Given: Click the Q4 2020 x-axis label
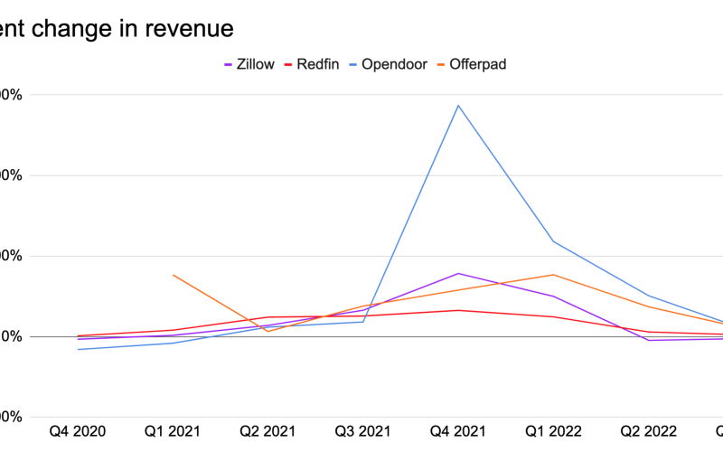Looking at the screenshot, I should [79, 431].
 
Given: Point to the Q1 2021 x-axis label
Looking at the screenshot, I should [174, 431].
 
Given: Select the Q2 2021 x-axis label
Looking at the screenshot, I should [268, 431].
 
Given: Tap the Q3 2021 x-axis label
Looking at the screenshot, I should [363, 431].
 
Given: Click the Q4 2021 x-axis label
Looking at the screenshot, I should [458, 431].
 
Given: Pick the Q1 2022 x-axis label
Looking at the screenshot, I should [553, 431].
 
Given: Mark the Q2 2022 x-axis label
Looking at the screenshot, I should [648, 431].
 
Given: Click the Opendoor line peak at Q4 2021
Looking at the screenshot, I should [458, 106].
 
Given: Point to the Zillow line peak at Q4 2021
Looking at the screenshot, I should [458, 273].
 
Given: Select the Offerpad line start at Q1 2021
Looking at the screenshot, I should [174, 275].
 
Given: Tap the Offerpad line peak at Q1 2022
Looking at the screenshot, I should [553, 275].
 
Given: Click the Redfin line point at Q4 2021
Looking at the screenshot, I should [458, 310].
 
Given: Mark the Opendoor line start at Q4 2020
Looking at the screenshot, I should [79, 349].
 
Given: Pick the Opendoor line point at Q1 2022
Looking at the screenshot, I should [553, 241].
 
